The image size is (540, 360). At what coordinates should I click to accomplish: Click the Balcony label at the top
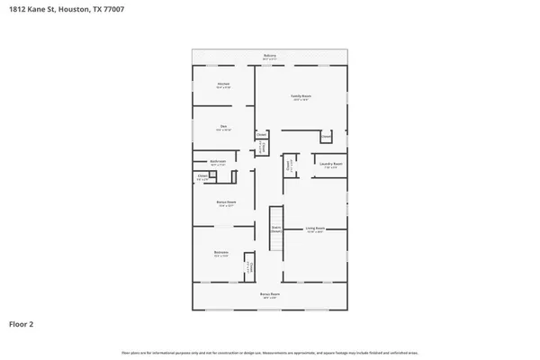tap(269, 56)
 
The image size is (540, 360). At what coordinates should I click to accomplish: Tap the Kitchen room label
tap(224, 85)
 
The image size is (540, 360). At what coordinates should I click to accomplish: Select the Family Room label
tap(300, 96)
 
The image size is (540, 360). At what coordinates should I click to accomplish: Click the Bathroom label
tap(218, 162)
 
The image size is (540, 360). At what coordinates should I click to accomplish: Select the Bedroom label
tap(220, 252)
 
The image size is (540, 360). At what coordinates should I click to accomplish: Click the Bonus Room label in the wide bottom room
tap(269, 294)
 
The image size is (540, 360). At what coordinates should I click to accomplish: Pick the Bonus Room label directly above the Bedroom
tap(225, 202)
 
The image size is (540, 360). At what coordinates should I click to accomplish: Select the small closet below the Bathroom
tap(202, 176)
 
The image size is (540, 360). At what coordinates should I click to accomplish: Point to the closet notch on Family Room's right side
tap(327, 137)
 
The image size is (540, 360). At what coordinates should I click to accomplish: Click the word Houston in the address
tap(72, 11)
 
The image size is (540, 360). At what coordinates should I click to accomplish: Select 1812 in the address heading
tap(17, 11)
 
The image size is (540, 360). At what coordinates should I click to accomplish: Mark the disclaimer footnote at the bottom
tap(269, 352)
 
